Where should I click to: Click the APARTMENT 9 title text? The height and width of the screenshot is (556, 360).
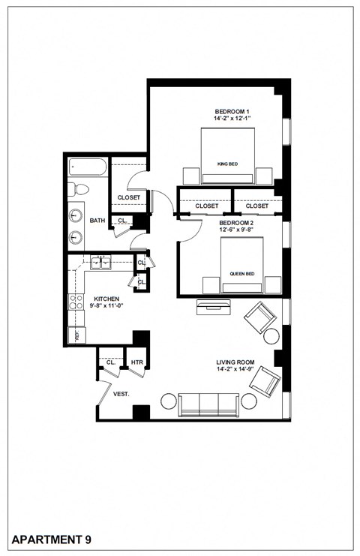(x=52, y=539)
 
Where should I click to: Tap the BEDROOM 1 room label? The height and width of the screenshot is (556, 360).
(x=232, y=111)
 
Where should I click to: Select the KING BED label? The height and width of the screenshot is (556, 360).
(x=227, y=163)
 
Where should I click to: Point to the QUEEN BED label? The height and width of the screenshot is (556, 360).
(x=241, y=274)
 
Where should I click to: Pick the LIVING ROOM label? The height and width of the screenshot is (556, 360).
(x=233, y=361)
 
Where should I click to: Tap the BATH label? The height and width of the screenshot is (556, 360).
(x=97, y=221)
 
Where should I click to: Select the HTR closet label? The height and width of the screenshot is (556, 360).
(x=137, y=362)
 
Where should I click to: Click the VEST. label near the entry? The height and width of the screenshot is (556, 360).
(x=121, y=394)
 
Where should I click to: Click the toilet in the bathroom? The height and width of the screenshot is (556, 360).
(x=79, y=189)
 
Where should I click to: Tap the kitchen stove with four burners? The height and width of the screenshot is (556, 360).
(x=76, y=302)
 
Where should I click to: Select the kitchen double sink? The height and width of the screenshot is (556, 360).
(x=100, y=263)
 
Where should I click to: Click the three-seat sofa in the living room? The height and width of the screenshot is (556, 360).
(x=208, y=404)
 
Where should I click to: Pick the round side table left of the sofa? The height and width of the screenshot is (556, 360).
(x=168, y=401)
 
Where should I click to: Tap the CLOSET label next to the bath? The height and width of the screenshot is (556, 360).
(x=129, y=198)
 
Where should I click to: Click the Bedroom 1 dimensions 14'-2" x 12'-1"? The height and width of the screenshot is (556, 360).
(x=232, y=119)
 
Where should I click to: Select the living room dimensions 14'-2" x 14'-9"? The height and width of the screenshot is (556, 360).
(x=233, y=368)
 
